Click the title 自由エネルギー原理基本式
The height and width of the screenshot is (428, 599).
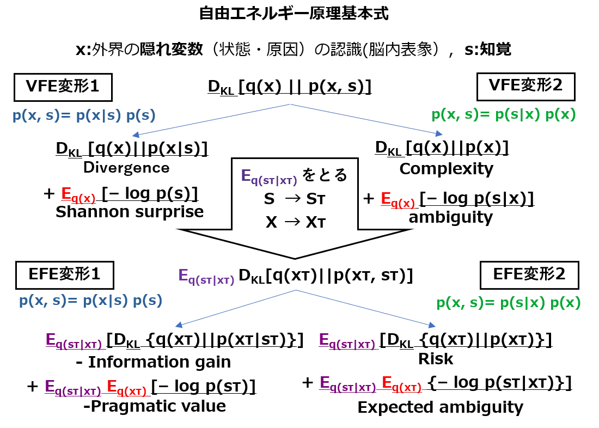(294, 14)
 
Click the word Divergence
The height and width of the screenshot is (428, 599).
(126, 168)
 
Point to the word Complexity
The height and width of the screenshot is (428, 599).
(446, 169)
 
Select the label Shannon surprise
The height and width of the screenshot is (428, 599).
(130, 212)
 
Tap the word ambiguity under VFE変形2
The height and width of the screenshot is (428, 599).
(451, 217)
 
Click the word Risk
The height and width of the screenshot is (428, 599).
(436, 359)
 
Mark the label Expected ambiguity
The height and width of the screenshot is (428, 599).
(441, 408)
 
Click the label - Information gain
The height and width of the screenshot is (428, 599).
(154, 362)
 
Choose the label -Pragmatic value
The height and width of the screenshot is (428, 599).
(155, 406)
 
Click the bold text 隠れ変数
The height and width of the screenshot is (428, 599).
(171, 50)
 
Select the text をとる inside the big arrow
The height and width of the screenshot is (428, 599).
(325, 175)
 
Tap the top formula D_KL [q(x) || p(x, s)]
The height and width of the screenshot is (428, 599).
(290, 87)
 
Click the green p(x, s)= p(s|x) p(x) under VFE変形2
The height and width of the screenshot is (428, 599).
(504, 115)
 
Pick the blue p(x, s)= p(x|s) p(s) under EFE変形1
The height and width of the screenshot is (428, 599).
(91, 301)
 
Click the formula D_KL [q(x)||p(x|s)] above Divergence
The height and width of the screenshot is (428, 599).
(132, 149)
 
